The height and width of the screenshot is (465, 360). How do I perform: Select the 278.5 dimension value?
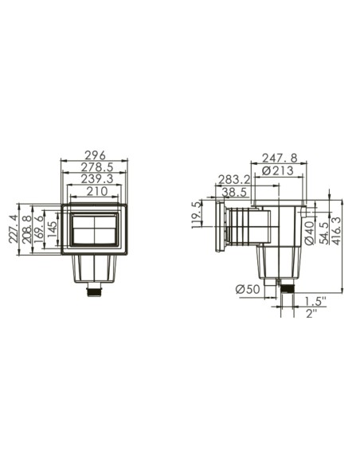point(94,167)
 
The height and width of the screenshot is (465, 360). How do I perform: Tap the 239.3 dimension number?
point(94,178)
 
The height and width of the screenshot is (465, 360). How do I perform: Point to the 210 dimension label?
point(94,190)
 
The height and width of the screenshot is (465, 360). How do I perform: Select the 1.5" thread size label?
point(315,300)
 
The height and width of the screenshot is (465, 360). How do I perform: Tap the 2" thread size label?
point(311,312)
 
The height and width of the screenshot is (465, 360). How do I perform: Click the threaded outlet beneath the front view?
point(95,292)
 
